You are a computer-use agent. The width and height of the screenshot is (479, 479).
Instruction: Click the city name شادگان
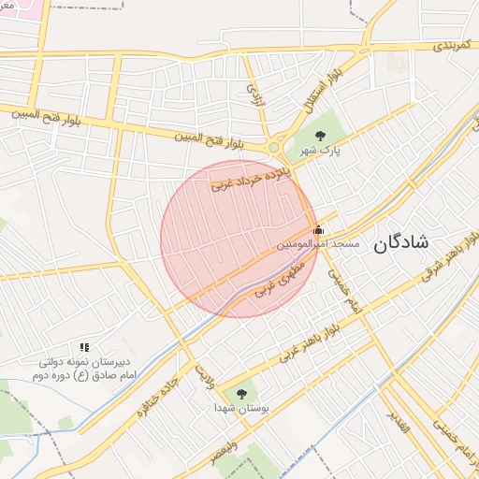tap(401, 242)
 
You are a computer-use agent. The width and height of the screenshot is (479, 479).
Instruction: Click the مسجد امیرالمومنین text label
tap(317, 243)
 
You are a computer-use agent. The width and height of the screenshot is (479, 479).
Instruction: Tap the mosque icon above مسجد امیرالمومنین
tap(318, 229)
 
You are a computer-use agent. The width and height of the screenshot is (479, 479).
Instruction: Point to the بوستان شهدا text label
tap(241, 409)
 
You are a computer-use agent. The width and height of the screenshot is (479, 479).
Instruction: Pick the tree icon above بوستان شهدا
tap(243, 394)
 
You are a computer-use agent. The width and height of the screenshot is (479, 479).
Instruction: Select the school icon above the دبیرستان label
tap(84, 348)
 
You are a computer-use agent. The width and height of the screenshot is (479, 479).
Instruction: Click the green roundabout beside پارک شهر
tap(274, 147)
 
